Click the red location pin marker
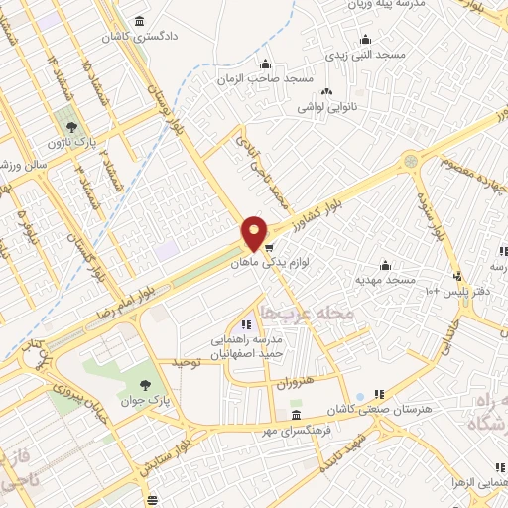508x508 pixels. (255, 233)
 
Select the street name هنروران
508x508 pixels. (295, 381)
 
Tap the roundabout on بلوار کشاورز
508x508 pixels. (410, 159)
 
